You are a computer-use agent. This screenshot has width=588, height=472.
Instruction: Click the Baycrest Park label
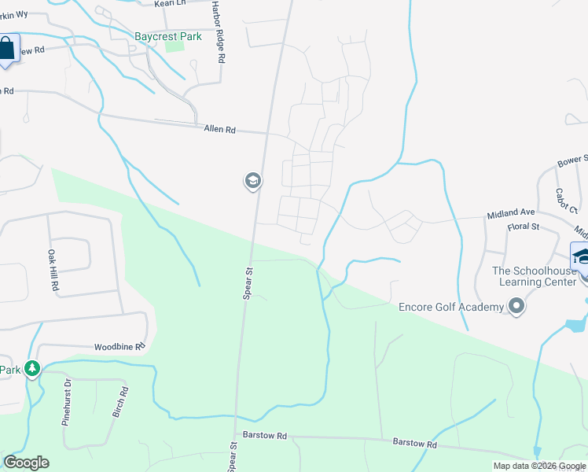(167, 36)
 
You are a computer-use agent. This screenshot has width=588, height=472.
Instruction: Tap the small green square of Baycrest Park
(175, 46)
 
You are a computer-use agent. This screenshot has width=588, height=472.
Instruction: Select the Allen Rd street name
(219, 129)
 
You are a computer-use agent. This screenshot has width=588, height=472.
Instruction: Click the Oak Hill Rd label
(53, 271)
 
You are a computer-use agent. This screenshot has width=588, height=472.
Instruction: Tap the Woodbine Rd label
(119, 346)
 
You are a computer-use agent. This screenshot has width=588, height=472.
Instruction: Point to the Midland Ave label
(511, 213)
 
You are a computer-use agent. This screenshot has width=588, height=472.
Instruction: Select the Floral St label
(522, 227)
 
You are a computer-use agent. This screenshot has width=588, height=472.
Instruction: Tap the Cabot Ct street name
(566, 200)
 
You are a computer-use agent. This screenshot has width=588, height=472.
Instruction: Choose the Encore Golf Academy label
(450, 307)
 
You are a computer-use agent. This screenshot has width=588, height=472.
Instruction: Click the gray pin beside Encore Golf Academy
(516, 306)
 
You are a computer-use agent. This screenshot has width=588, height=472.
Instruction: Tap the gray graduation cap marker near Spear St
(252, 182)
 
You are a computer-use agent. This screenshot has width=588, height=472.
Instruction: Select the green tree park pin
(32, 368)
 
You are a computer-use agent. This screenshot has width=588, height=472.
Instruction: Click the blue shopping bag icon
(6, 49)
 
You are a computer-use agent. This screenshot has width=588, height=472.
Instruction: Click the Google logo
(26, 463)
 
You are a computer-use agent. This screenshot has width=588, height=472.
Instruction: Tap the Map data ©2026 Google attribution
(539, 466)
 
